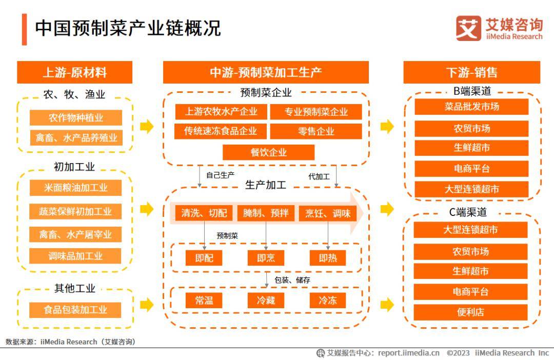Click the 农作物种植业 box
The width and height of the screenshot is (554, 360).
click(76, 117)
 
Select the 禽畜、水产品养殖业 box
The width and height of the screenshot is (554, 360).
click(76, 137)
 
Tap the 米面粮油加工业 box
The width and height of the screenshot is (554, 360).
click(75, 188)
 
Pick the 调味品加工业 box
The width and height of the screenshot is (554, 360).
click(75, 256)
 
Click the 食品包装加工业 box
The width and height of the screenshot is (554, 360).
click(75, 310)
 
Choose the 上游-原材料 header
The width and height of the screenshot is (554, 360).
click(75, 72)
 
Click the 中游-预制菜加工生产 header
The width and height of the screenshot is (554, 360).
click(266, 72)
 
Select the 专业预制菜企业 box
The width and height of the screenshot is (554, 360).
click(316, 112)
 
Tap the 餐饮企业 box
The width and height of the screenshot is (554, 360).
click(268, 152)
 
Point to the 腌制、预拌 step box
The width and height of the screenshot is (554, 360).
click(266, 213)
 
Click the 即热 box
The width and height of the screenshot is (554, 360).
click(328, 258)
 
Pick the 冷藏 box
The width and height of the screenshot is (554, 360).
click(266, 301)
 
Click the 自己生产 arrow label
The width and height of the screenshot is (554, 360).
click(220, 175)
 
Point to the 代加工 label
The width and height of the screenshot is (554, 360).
click(319, 176)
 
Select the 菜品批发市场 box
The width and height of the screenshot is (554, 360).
click(471, 107)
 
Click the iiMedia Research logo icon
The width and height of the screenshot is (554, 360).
click(468, 28)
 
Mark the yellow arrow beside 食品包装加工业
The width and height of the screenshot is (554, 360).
click(147, 305)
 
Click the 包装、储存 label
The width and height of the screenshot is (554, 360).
click(292, 280)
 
